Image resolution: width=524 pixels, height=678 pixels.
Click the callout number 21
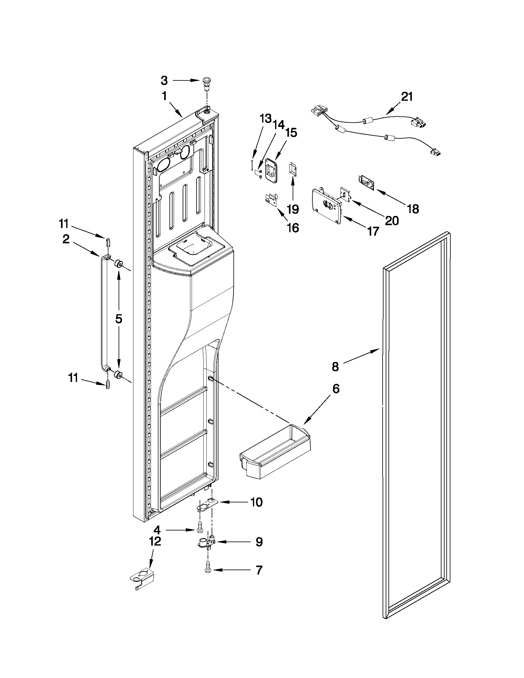(x=407, y=97)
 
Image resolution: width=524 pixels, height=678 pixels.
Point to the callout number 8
(x=335, y=367)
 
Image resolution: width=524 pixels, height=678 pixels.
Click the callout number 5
(x=119, y=319)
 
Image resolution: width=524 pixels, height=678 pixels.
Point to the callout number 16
(x=293, y=228)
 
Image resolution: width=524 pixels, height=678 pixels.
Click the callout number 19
(x=293, y=209)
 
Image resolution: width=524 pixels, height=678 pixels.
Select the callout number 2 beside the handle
(x=66, y=239)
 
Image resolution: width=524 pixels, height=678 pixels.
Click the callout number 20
(x=392, y=221)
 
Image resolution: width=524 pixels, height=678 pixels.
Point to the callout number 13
(x=266, y=119)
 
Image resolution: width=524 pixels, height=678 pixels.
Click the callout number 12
(x=155, y=541)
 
